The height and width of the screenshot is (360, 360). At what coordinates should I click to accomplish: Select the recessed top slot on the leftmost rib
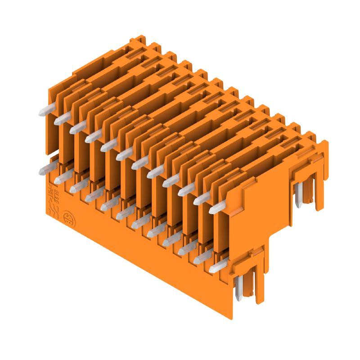click(x=135, y=55)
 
